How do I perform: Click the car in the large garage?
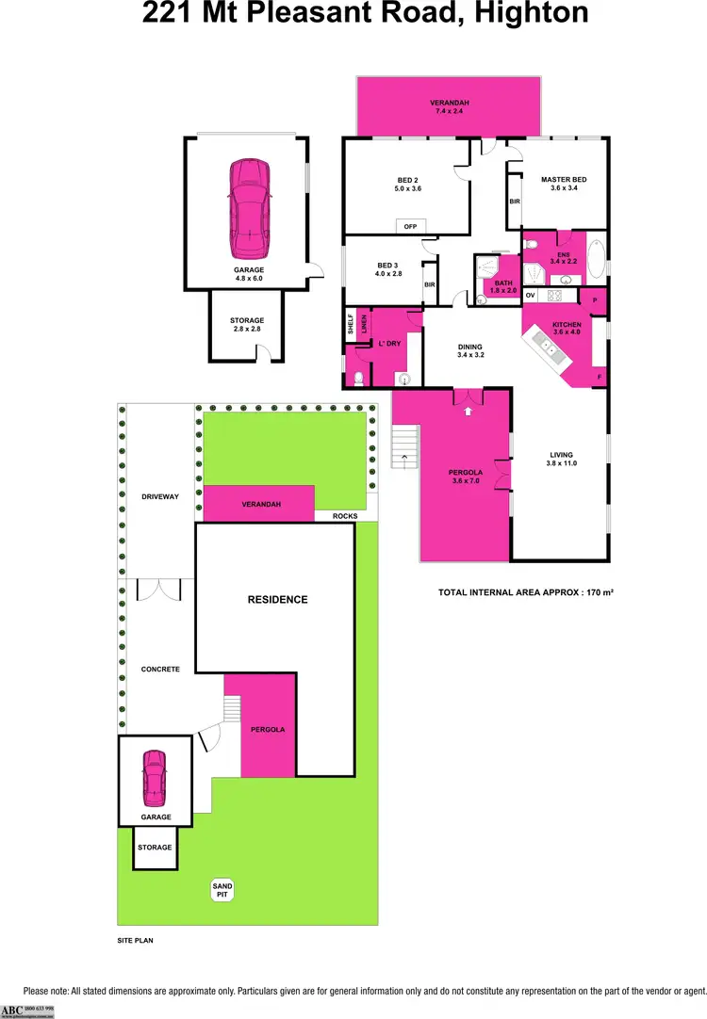point(248,208)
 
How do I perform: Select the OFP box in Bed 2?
point(410,227)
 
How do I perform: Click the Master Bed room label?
point(564,180)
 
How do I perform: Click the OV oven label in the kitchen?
point(530,296)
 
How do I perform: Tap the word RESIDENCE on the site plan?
point(277,599)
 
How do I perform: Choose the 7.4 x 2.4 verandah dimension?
point(450,112)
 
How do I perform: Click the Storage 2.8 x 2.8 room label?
point(247,326)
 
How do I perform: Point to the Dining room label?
point(469,349)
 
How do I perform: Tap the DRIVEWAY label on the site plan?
point(159,496)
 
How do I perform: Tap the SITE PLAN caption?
point(135,940)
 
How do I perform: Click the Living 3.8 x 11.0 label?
point(562,459)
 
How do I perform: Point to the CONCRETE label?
point(159,669)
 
